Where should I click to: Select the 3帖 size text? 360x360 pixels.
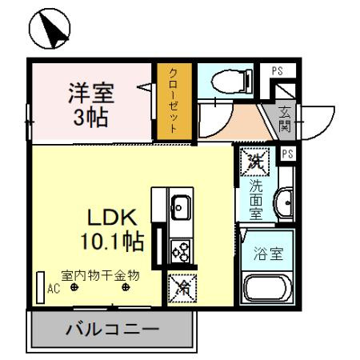pyautogui.click(x=90, y=118)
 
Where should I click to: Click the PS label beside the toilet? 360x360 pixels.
pyautogui.click(x=278, y=71)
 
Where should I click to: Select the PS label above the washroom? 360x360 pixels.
pyautogui.click(x=288, y=153)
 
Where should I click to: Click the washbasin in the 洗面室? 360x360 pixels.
pyautogui.click(x=283, y=200)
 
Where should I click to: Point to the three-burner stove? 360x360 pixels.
pyautogui.click(x=180, y=253)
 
